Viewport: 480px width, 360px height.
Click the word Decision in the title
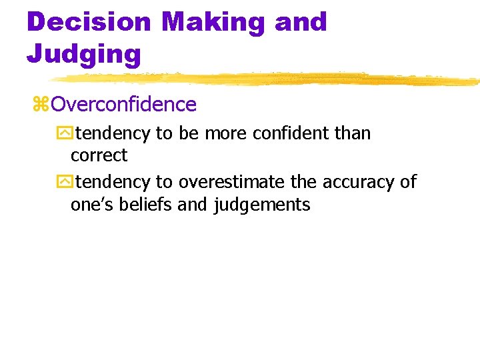point(88,22)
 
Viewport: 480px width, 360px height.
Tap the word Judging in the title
point(83,53)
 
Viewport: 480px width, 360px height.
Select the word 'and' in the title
point(301,22)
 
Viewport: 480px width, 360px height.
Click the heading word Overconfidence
point(123,105)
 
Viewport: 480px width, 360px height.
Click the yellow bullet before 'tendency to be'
point(64,133)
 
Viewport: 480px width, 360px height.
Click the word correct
point(99,155)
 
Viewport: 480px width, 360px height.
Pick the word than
point(353,133)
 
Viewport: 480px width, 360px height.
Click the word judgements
point(262,205)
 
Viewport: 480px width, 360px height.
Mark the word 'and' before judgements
point(193,205)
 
